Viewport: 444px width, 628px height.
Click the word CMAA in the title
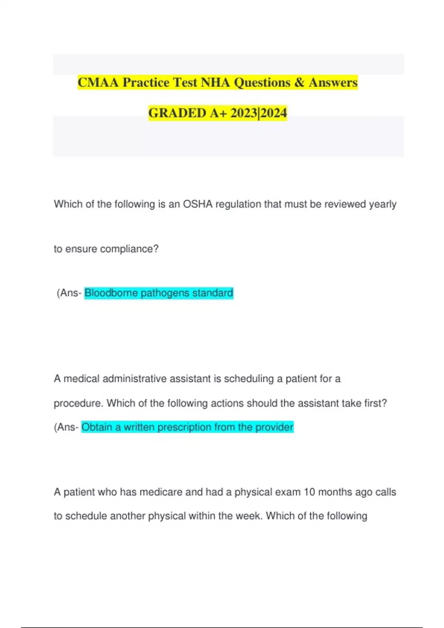coord(98,82)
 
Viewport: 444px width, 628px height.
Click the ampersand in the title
coord(299,82)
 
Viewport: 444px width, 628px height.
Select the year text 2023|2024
coord(258,113)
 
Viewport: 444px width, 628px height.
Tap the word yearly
coord(383,204)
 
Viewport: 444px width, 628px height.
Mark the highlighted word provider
coord(274,427)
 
